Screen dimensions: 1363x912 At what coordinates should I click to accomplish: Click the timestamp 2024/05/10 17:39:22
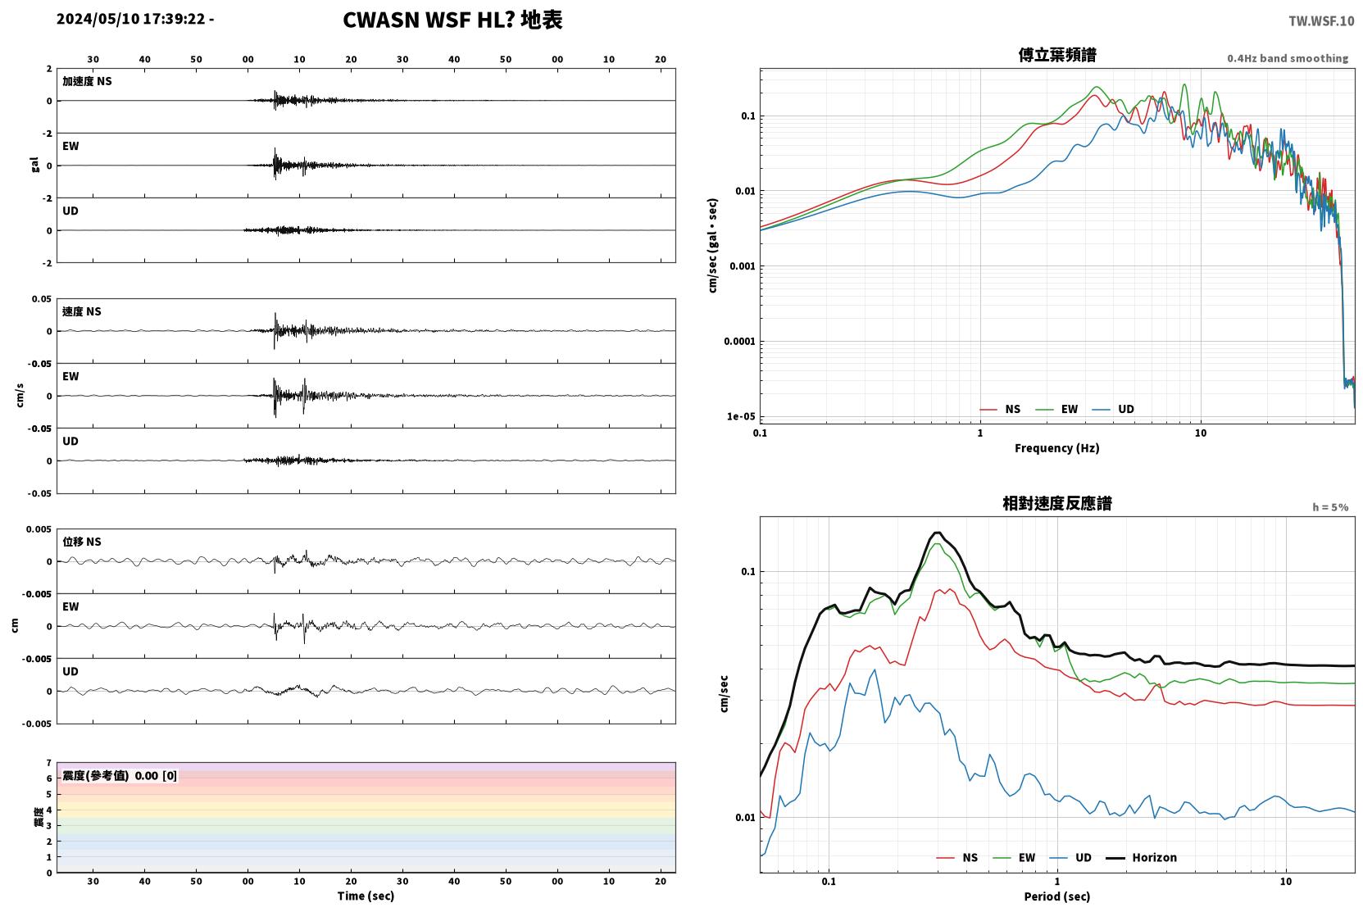(x=131, y=19)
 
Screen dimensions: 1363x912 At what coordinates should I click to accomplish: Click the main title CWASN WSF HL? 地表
(x=452, y=20)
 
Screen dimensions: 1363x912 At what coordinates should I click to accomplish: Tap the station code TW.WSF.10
(x=1321, y=21)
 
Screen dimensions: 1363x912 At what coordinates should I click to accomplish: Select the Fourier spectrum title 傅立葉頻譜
(x=1057, y=55)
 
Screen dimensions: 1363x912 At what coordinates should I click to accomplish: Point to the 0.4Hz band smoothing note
(x=1288, y=58)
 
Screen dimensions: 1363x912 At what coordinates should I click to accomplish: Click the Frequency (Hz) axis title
(x=1057, y=448)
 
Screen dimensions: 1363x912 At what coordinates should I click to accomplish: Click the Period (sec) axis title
(x=1057, y=896)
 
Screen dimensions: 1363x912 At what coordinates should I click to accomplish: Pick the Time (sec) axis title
(x=366, y=896)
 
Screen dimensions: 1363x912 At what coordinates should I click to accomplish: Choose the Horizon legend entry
(x=1141, y=858)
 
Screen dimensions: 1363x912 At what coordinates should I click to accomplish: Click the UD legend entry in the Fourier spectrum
(x=1114, y=410)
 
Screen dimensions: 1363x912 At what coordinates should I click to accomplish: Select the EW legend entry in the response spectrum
(x=1014, y=858)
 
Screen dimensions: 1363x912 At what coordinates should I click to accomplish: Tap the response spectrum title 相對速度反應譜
(x=1057, y=503)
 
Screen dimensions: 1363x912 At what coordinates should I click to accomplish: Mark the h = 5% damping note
(x=1330, y=507)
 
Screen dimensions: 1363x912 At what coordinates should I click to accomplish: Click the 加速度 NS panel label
(x=87, y=81)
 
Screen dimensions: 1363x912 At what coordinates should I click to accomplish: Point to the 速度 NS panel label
(x=81, y=311)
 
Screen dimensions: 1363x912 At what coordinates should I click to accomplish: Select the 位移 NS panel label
(x=81, y=542)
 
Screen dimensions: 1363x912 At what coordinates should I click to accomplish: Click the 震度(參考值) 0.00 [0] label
(x=120, y=776)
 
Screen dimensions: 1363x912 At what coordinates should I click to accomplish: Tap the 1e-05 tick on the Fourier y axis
(x=741, y=417)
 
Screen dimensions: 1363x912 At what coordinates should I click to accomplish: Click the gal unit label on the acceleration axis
(x=34, y=165)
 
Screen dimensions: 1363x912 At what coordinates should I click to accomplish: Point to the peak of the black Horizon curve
(x=938, y=533)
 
